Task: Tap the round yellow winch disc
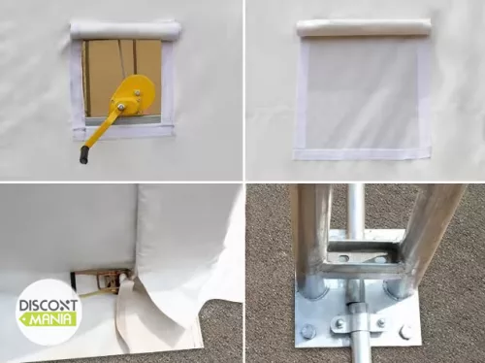136,95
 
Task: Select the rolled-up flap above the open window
124,31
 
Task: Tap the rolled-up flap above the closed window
362,29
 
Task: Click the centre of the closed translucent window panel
362,93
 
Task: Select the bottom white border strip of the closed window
362,153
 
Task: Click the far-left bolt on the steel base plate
307,332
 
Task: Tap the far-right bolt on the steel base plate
405,332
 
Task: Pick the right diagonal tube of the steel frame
431,233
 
